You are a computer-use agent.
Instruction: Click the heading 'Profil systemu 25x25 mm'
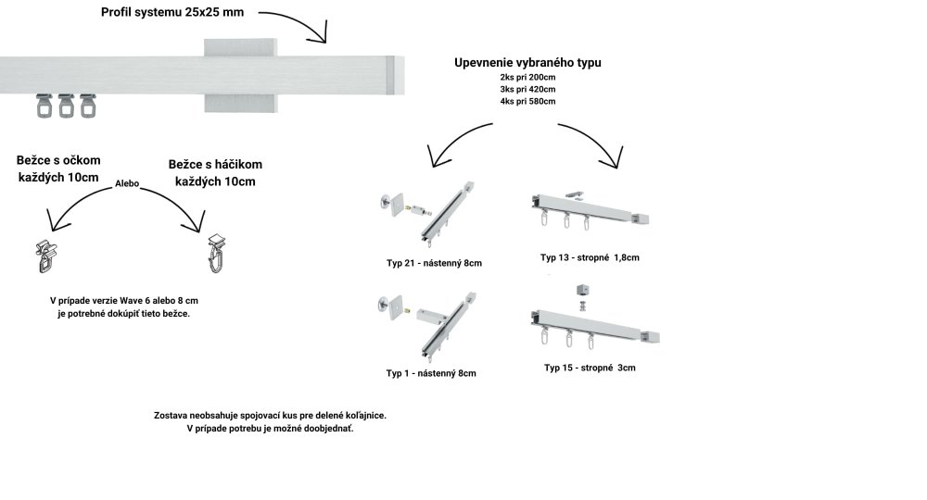tap(173, 14)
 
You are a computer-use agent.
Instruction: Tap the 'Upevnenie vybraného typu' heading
tap(527, 62)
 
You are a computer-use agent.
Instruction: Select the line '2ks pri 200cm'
tap(527, 77)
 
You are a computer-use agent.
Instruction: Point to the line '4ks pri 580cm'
tap(527, 101)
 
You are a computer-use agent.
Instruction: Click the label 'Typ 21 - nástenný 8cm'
tap(434, 263)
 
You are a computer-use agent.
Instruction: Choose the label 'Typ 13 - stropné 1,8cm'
tap(590, 257)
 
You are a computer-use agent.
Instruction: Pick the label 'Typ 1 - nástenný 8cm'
tap(431, 373)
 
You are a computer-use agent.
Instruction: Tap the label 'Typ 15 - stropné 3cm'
tap(590, 368)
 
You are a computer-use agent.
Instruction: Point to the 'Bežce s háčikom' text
tap(214, 164)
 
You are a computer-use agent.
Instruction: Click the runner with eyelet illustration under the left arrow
tap(44, 256)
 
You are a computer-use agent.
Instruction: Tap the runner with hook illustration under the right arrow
tap(215, 252)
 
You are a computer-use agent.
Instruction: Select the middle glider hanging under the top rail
tap(66, 106)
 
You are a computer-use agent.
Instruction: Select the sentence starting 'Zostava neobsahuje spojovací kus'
tap(270, 416)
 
